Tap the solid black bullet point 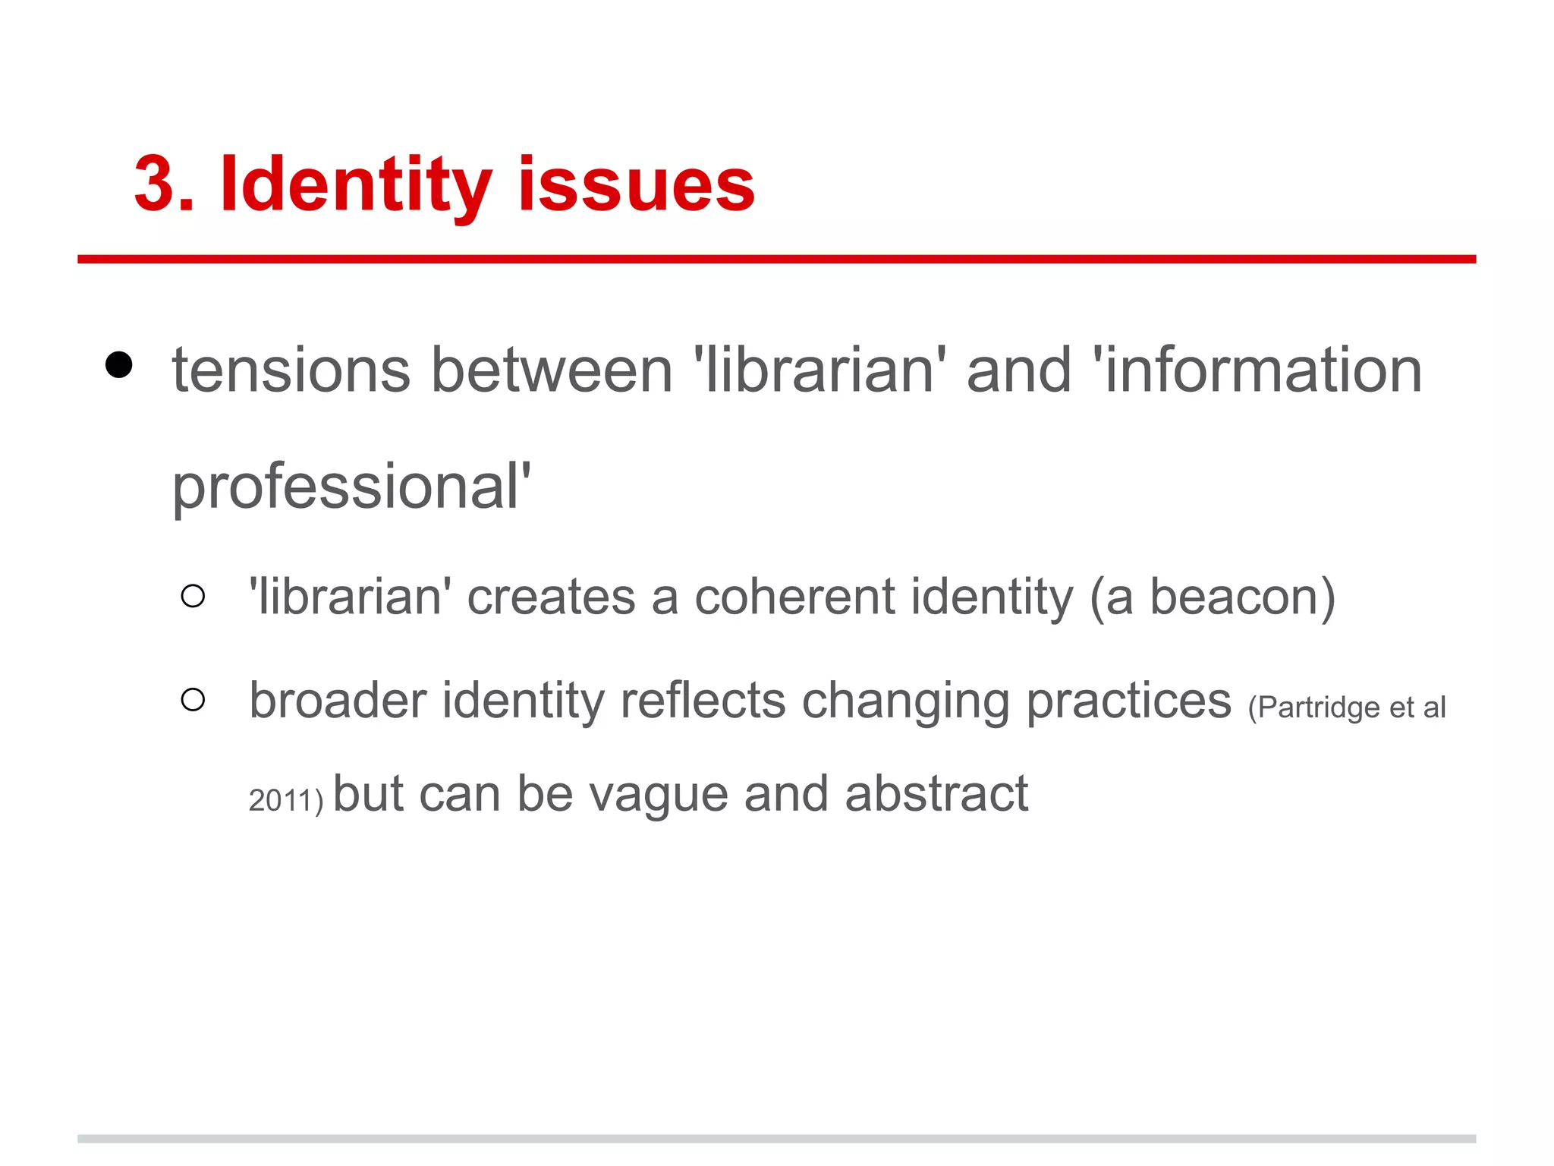(119, 365)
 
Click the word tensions (291, 370)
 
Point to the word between (552, 370)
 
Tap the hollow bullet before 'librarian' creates (193, 596)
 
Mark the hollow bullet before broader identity (193, 699)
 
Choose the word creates (551, 597)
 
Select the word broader (338, 700)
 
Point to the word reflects (703, 700)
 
